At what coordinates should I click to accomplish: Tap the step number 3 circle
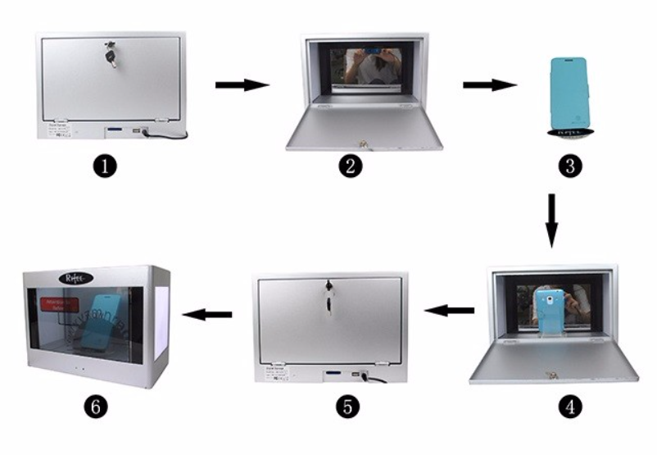(x=569, y=166)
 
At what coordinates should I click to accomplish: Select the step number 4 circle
(x=569, y=405)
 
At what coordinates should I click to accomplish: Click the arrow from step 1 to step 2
(x=242, y=84)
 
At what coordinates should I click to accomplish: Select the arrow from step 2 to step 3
(x=489, y=84)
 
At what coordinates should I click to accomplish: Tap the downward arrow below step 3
(x=551, y=220)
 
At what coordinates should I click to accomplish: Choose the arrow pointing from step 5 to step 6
(x=206, y=314)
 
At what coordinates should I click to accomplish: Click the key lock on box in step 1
(x=110, y=55)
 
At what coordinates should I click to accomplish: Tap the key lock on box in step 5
(x=329, y=293)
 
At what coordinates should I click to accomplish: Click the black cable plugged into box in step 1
(x=172, y=133)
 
